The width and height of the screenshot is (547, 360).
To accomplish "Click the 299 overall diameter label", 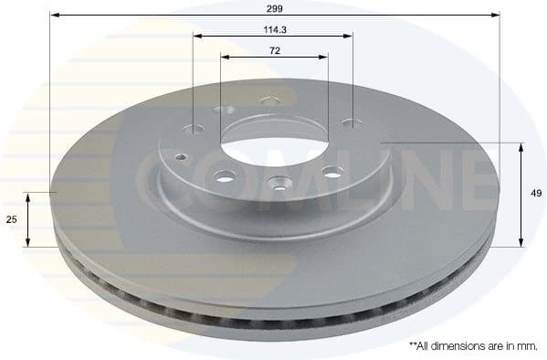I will pos(274,7).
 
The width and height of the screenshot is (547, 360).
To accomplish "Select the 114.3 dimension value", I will pos(274,29).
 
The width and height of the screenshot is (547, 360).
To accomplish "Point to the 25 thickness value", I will pos(12,220).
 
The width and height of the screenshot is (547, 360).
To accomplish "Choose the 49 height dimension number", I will pos(537,194).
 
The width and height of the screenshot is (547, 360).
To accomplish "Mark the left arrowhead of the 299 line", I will pos(53,16).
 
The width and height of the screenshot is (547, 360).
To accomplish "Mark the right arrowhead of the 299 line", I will pos(497,16).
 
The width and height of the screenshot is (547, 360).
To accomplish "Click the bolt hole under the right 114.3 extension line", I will pos(352,123).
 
